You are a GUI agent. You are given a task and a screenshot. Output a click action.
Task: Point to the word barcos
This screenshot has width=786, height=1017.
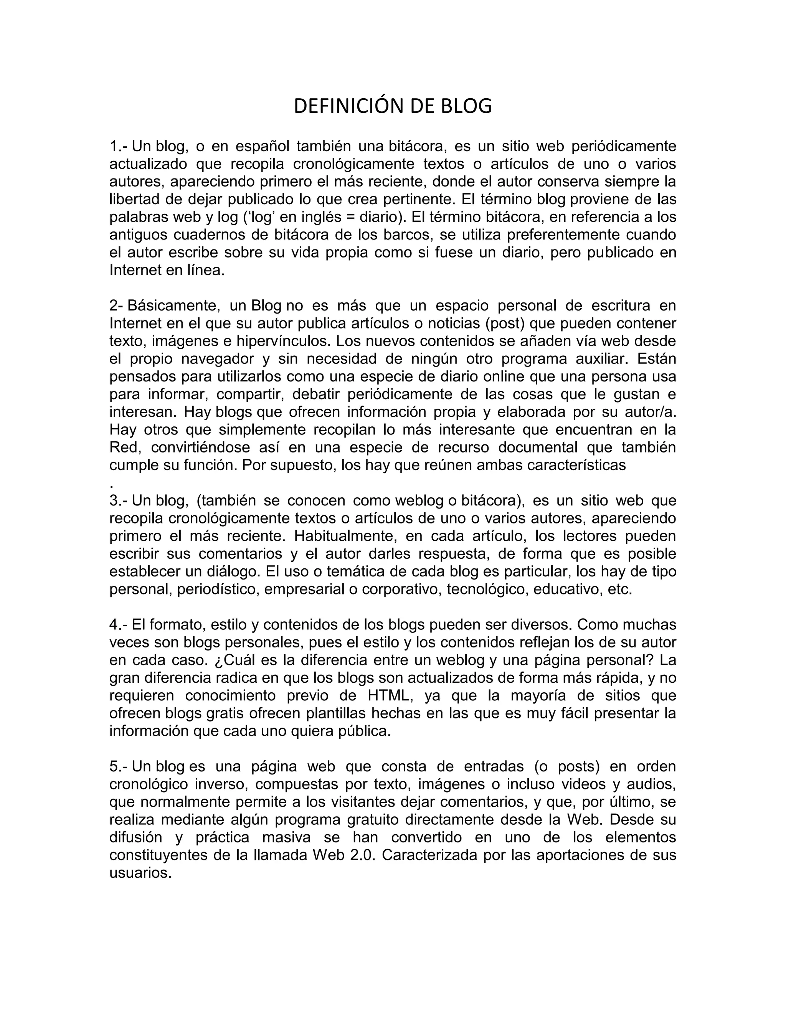coord(395,235)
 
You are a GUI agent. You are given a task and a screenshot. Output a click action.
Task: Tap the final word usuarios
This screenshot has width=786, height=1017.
coord(140,873)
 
